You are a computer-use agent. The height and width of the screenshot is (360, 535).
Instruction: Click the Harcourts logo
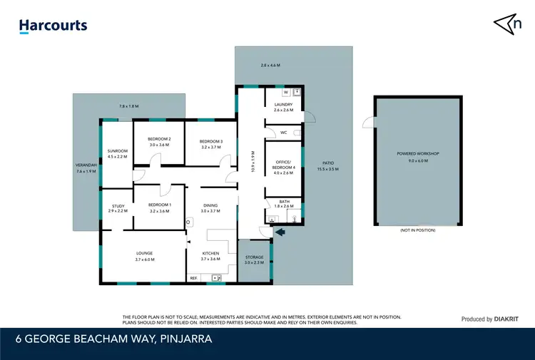tap(53, 26)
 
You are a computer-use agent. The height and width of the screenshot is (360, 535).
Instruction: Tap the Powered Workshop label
tap(417, 154)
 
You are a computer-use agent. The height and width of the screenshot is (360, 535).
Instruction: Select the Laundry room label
tap(283, 105)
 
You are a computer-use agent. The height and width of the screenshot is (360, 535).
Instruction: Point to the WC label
tap(283, 133)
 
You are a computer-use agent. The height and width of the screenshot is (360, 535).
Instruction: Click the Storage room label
tap(255, 257)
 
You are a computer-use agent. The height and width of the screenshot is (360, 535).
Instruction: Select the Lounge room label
tap(145, 253)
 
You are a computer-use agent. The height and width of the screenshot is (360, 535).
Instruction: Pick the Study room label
tap(117, 207)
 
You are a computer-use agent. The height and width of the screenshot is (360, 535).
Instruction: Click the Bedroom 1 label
tap(160, 207)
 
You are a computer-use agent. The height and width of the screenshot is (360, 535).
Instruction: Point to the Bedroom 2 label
tap(159, 139)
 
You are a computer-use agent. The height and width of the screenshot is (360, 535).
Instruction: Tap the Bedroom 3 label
tap(212, 142)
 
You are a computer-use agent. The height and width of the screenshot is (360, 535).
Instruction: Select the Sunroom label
tap(117, 151)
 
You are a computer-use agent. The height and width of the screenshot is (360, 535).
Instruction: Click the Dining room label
tap(210, 206)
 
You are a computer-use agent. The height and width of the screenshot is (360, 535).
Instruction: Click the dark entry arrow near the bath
tap(280, 232)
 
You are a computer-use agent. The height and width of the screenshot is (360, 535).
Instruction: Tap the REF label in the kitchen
tap(193, 277)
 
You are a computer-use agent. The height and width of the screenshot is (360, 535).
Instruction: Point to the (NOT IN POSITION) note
tap(417, 230)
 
